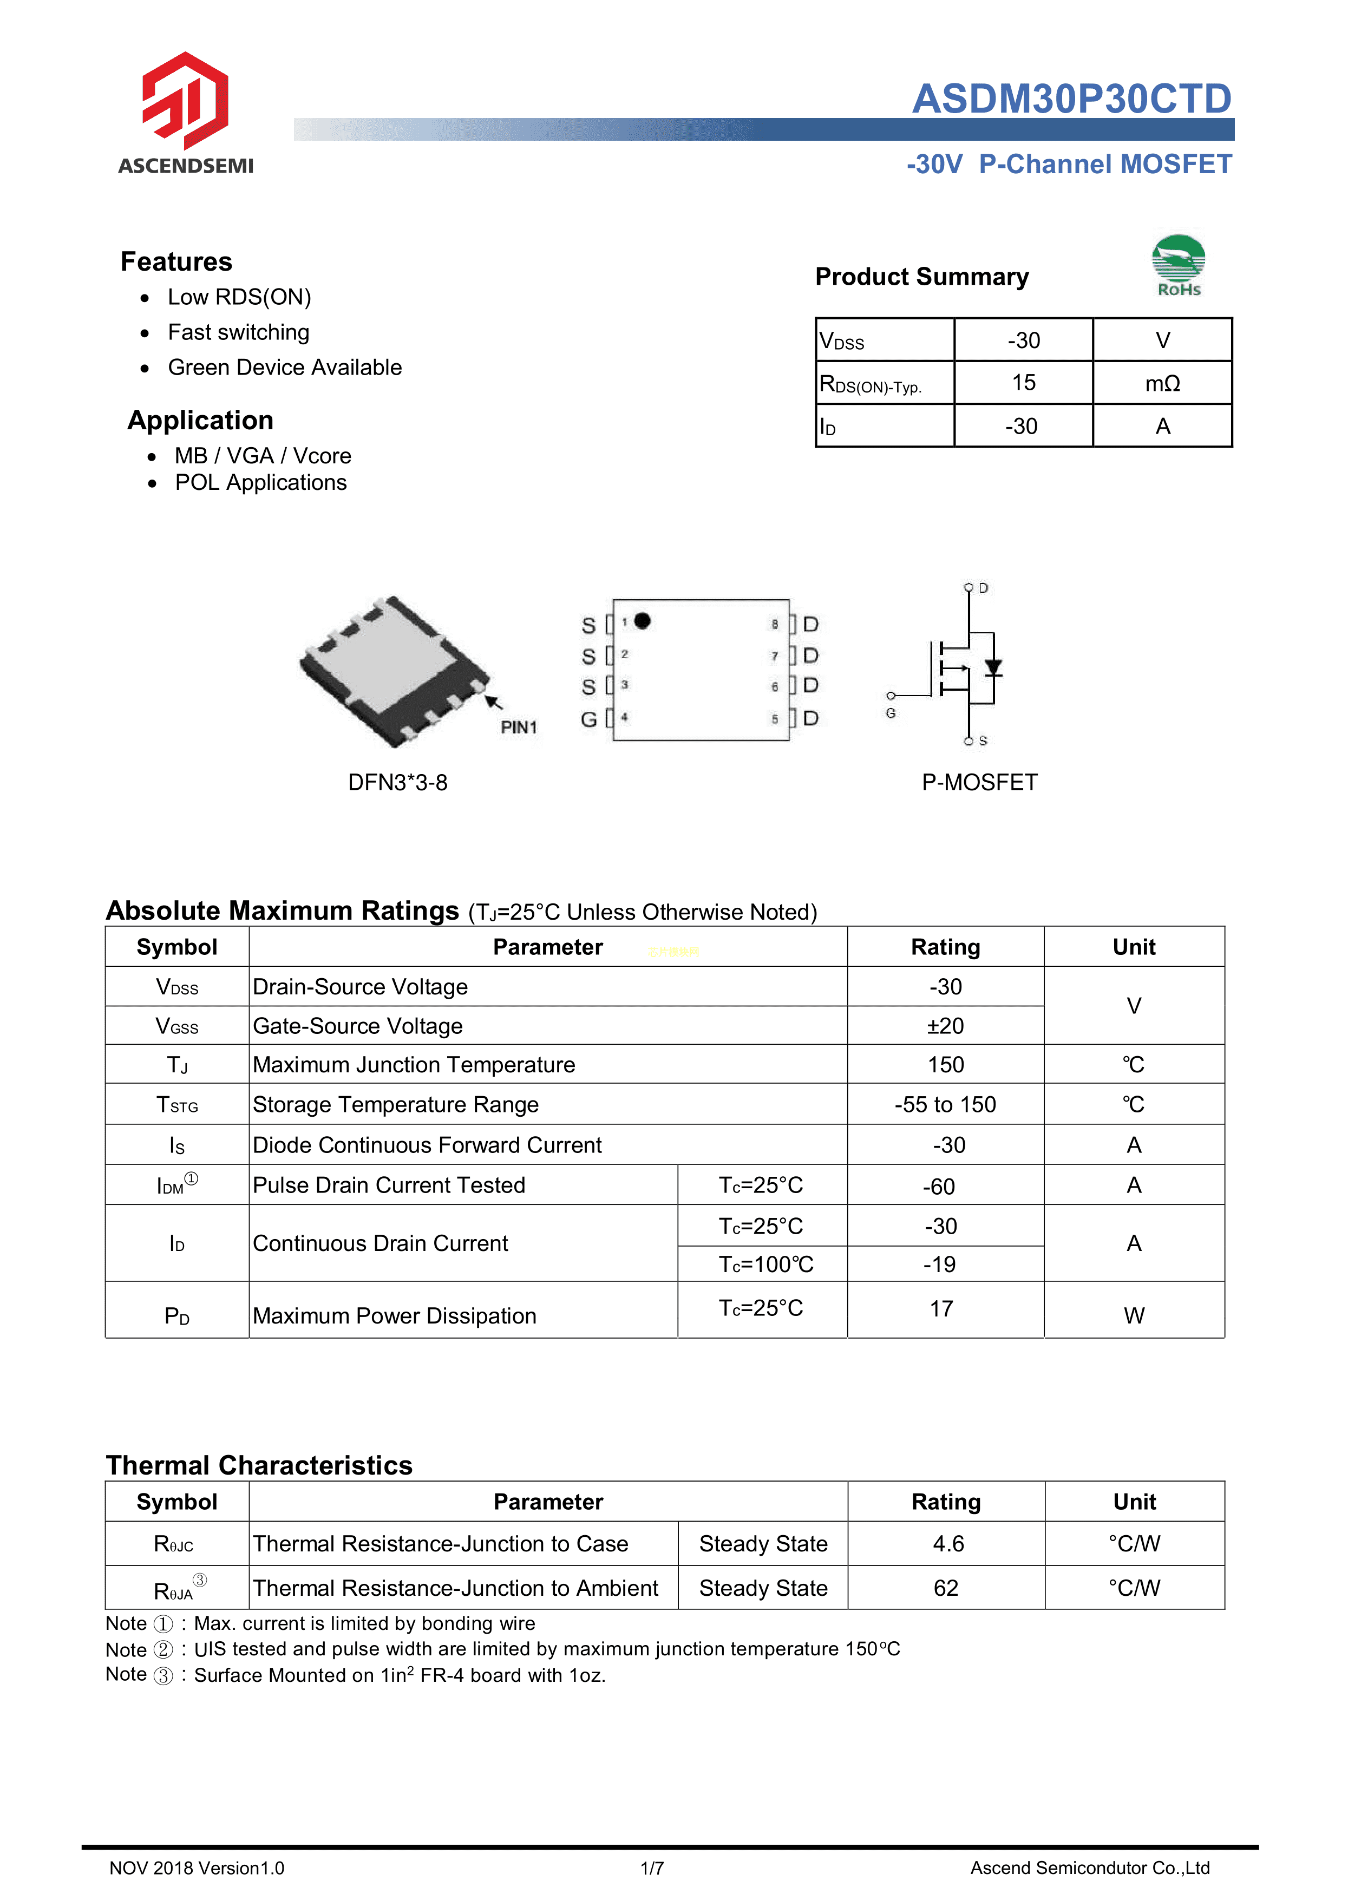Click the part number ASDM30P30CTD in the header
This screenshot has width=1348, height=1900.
(1071, 99)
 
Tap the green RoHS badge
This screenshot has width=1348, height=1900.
(1178, 265)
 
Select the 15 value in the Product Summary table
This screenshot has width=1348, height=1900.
(1023, 383)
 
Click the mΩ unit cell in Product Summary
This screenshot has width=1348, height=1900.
(1162, 383)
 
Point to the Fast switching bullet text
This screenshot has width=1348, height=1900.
(238, 333)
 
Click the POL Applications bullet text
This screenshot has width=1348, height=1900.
(260, 483)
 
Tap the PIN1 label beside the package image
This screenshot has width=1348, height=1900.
(519, 727)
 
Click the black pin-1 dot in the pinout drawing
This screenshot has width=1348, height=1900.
(643, 621)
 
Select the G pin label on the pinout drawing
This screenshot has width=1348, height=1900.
(588, 719)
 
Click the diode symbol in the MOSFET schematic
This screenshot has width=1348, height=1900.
(993, 667)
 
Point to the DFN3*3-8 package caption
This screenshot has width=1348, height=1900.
(397, 783)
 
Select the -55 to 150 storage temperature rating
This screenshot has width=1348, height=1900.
(945, 1105)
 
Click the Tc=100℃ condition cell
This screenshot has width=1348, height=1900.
(765, 1264)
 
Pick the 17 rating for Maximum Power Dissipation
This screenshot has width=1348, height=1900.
(941, 1309)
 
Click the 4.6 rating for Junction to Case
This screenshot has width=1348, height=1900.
(948, 1544)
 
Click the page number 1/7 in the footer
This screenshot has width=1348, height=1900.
(652, 1869)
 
